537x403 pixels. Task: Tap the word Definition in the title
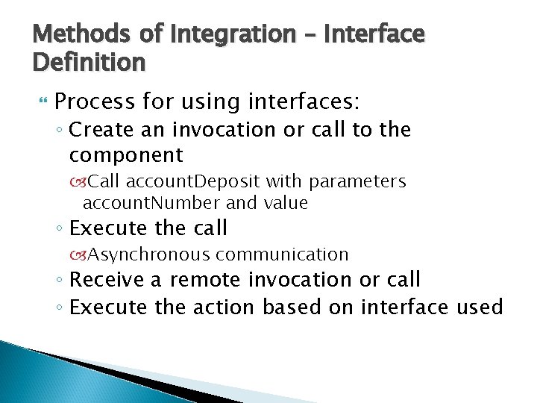pos(89,63)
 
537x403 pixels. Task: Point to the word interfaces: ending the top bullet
pos(295,101)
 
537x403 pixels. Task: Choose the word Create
pos(104,130)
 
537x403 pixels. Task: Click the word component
pos(126,155)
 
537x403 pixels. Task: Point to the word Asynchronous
pos(149,254)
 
